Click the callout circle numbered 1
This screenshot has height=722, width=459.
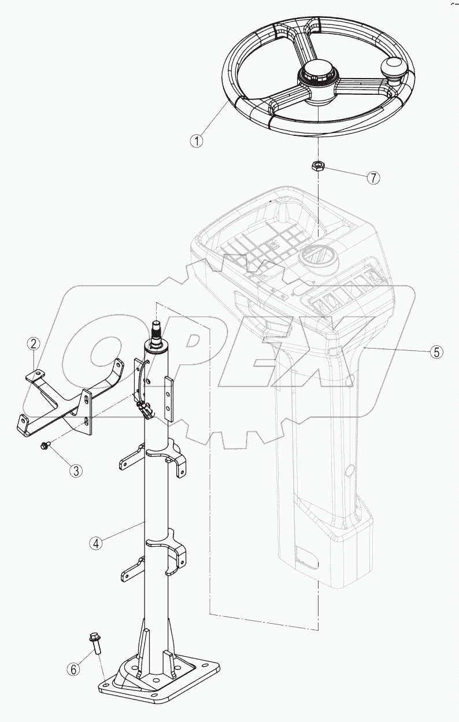pyautogui.click(x=198, y=140)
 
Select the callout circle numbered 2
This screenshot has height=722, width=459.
pyautogui.click(x=34, y=344)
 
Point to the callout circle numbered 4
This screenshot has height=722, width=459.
pyautogui.click(x=97, y=543)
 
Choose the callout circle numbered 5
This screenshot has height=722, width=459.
pyautogui.click(x=436, y=351)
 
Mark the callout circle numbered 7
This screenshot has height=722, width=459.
pyautogui.click(x=374, y=177)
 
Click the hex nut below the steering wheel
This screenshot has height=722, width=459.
pyautogui.click(x=317, y=166)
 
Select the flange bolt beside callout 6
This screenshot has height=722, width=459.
pyautogui.click(x=94, y=643)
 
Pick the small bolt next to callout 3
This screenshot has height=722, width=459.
pyautogui.click(x=45, y=446)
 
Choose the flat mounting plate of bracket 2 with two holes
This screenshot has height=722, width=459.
pyautogui.click(x=87, y=411)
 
